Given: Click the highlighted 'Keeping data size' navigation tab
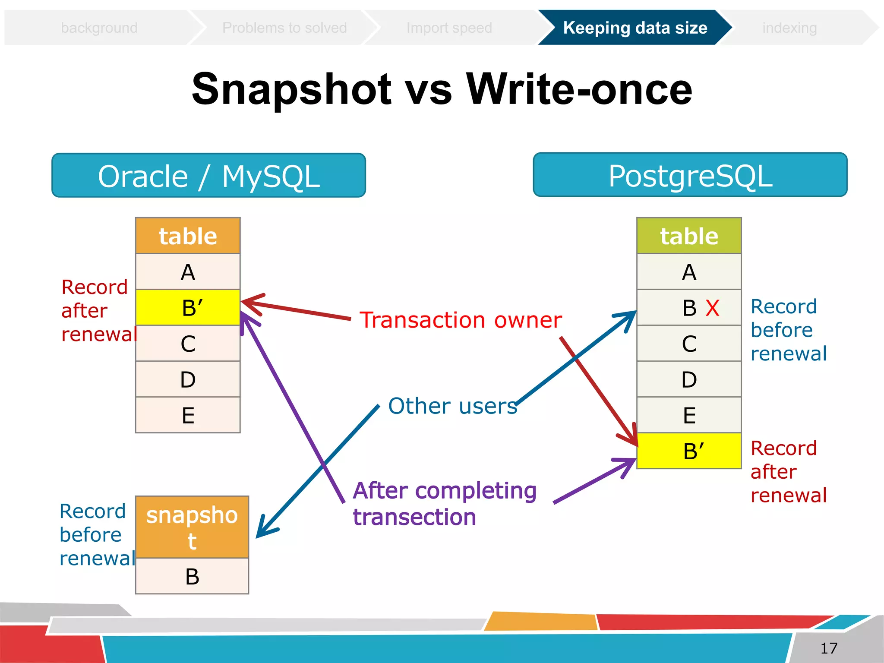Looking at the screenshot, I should pos(635,28).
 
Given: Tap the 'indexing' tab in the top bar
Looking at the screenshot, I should pos(789,28).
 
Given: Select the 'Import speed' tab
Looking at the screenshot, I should pos(449,28).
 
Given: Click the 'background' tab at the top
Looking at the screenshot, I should pos(99,28).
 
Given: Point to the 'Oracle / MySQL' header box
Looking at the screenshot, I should pos(208,176).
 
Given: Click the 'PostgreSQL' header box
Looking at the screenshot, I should pos(690,175).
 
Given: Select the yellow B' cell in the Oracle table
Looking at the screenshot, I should pos(188,307).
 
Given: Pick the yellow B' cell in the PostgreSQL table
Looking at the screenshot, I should pos(689,451).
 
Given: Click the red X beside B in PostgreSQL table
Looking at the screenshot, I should pos(712,308).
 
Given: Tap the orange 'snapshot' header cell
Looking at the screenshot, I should pos(192,527).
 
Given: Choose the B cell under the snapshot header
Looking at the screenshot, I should pos(192,576).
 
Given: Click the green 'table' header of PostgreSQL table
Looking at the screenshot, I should pos(689,236).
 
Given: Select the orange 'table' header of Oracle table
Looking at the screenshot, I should pos(188,236).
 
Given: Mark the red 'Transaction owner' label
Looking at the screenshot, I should pos(461,320).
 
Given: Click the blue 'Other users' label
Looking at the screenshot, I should pos(452,406).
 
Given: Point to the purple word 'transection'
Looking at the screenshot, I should pos(414,517).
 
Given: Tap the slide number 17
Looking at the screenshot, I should pos(828,648).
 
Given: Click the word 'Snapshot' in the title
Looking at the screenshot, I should pos(291,89).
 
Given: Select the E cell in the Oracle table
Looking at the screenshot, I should pos(188,415).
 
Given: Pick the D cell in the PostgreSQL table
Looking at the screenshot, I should pos(689,379).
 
